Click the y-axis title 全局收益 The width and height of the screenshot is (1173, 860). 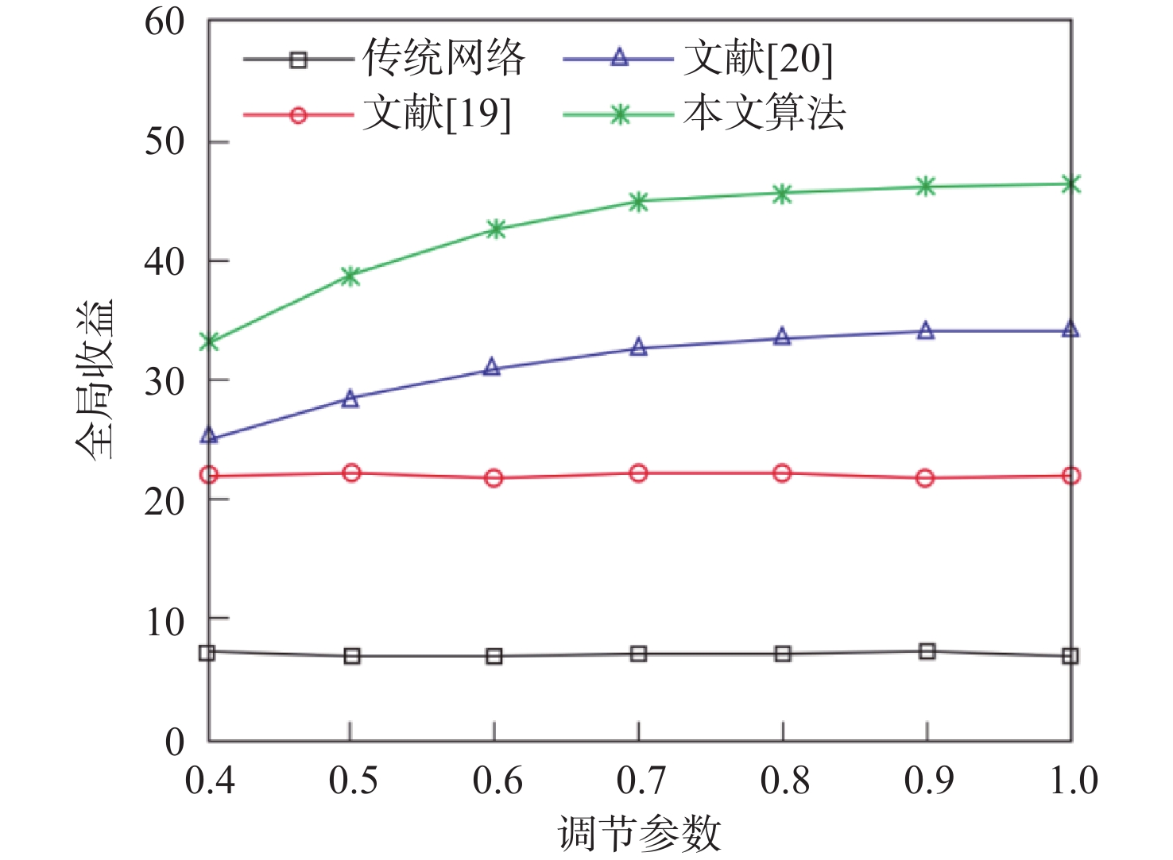click(95, 380)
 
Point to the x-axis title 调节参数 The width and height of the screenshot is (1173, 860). click(640, 834)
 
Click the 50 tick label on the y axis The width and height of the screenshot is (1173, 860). click(164, 142)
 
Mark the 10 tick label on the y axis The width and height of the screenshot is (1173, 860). click(164, 622)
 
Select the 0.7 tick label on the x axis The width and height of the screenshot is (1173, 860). click(640, 781)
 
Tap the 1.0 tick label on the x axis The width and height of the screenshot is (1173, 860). click(1073, 781)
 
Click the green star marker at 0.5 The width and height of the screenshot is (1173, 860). click(351, 276)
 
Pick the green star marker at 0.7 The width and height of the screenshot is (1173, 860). click(638, 201)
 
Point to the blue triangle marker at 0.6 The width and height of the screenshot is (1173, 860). click(493, 367)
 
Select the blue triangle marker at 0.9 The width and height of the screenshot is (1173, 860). click(926, 331)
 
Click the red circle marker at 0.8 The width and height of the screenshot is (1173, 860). click(782, 474)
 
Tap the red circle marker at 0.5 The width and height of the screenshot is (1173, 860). click(351, 473)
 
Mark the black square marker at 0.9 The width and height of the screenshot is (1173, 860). click(927, 652)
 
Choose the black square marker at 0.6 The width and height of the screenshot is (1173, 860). click(494, 656)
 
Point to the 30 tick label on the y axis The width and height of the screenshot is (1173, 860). click(164, 382)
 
